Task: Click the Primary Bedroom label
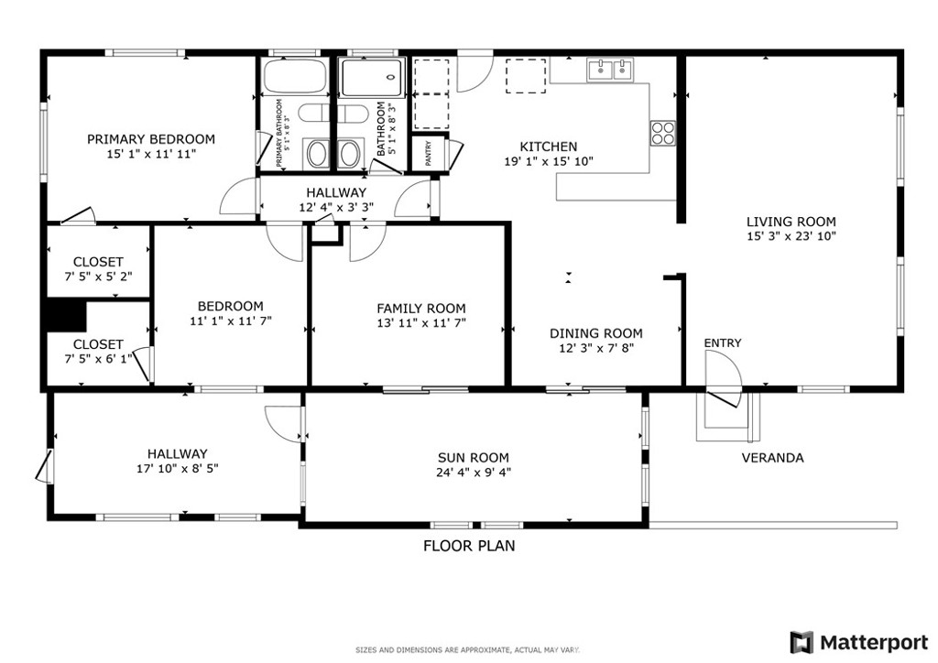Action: coord(151,139)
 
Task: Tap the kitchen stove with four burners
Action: coord(663,133)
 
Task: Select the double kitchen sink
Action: coord(610,70)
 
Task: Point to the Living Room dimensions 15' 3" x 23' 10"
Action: coord(791,236)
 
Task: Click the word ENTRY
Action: coord(723,343)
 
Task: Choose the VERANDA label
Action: coord(773,458)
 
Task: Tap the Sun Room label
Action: coord(474,458)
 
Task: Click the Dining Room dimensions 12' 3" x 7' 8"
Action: coord(596,348)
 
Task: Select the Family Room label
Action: coord(421,309)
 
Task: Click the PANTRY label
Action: coord(429,153)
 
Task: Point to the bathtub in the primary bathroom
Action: coord(294,76)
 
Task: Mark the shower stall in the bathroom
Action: coord(372,77)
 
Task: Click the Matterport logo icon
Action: coord(802,643)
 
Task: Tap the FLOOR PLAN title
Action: coord(469,546)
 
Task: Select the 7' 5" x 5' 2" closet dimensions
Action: coord(98,277)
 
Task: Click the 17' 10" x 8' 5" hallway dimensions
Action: coord(177,469)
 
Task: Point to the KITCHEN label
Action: coord(549,147)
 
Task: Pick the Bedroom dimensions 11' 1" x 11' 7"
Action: coord(231,321)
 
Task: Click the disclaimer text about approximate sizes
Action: coord(468,650)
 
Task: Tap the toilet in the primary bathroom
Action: coord(313,113)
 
